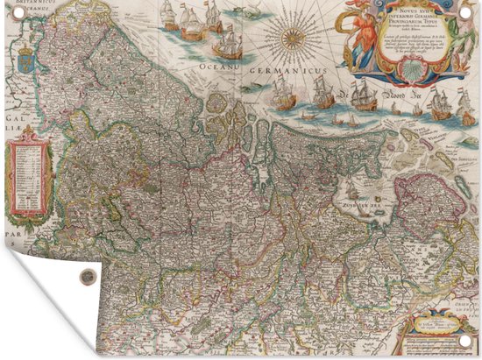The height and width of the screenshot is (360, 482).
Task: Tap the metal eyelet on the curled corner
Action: tap(84, 277)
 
